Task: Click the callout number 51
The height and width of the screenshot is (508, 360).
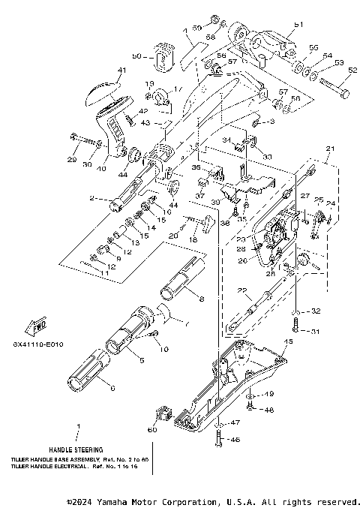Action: click(300, 24)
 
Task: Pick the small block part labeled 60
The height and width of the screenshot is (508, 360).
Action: click(163, 415)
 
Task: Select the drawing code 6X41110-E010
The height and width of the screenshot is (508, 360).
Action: click(38, 346)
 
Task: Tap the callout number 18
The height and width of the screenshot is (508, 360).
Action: click(193, 239)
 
